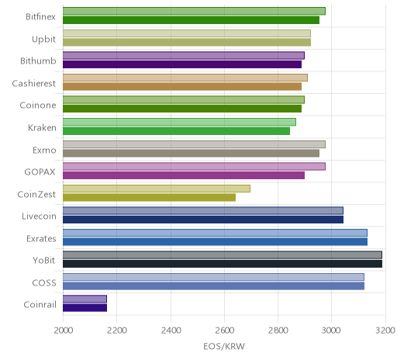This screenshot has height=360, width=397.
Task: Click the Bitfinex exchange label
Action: coord(40,17)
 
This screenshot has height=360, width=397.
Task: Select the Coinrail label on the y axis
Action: coord(40,305)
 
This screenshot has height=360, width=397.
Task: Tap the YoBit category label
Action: coord(44,260)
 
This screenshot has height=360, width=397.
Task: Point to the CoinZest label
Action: coord(36,194)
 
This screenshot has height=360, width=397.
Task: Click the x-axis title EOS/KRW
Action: coord(224,346)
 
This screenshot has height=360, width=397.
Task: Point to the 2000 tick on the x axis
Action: coord(63,331)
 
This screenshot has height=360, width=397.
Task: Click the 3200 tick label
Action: coord(385,331)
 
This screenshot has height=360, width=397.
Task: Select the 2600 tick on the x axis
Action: coord(224,331)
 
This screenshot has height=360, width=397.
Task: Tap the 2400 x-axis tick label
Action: coord(171,331)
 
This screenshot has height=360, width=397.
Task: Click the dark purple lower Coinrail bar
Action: coord(85,308)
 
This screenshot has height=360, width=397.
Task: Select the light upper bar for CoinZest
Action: coord(157,189)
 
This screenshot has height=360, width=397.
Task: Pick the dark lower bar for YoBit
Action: coord(223,264)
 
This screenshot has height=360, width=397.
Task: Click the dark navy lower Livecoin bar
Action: coord(203,220)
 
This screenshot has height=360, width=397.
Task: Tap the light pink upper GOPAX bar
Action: coord(194,166)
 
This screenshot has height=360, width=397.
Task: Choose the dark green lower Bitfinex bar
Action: coord(191,20)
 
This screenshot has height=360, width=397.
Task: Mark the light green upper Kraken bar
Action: coord(179,122)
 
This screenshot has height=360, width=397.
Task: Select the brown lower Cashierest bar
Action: coord(182,86)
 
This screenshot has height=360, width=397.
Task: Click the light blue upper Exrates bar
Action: coord(215,233)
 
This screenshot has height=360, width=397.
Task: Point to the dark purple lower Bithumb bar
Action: coord(182,64)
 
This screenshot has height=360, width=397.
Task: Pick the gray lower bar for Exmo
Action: coord(191,153)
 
